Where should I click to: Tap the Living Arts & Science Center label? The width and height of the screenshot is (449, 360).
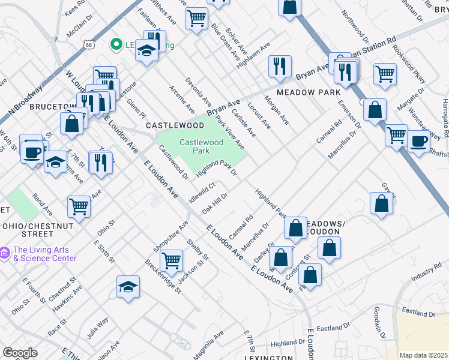tap(45, 254)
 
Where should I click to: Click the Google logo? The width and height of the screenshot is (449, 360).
tap(20, 353)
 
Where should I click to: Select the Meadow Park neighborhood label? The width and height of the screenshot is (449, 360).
tap(309, 92)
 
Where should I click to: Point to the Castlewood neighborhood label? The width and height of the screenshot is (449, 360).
tap(175, 125)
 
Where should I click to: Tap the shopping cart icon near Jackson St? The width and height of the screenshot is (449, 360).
tap(172, 260)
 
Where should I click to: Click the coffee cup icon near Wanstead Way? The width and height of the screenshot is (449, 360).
tap(418, 142)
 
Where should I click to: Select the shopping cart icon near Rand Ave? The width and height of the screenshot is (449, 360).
tap(79, 206)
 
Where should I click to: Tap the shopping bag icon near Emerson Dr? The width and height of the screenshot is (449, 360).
tap(375, 110)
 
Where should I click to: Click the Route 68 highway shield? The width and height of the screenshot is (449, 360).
tap(89, 44)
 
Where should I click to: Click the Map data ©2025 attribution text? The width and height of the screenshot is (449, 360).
tap(423, 355)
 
